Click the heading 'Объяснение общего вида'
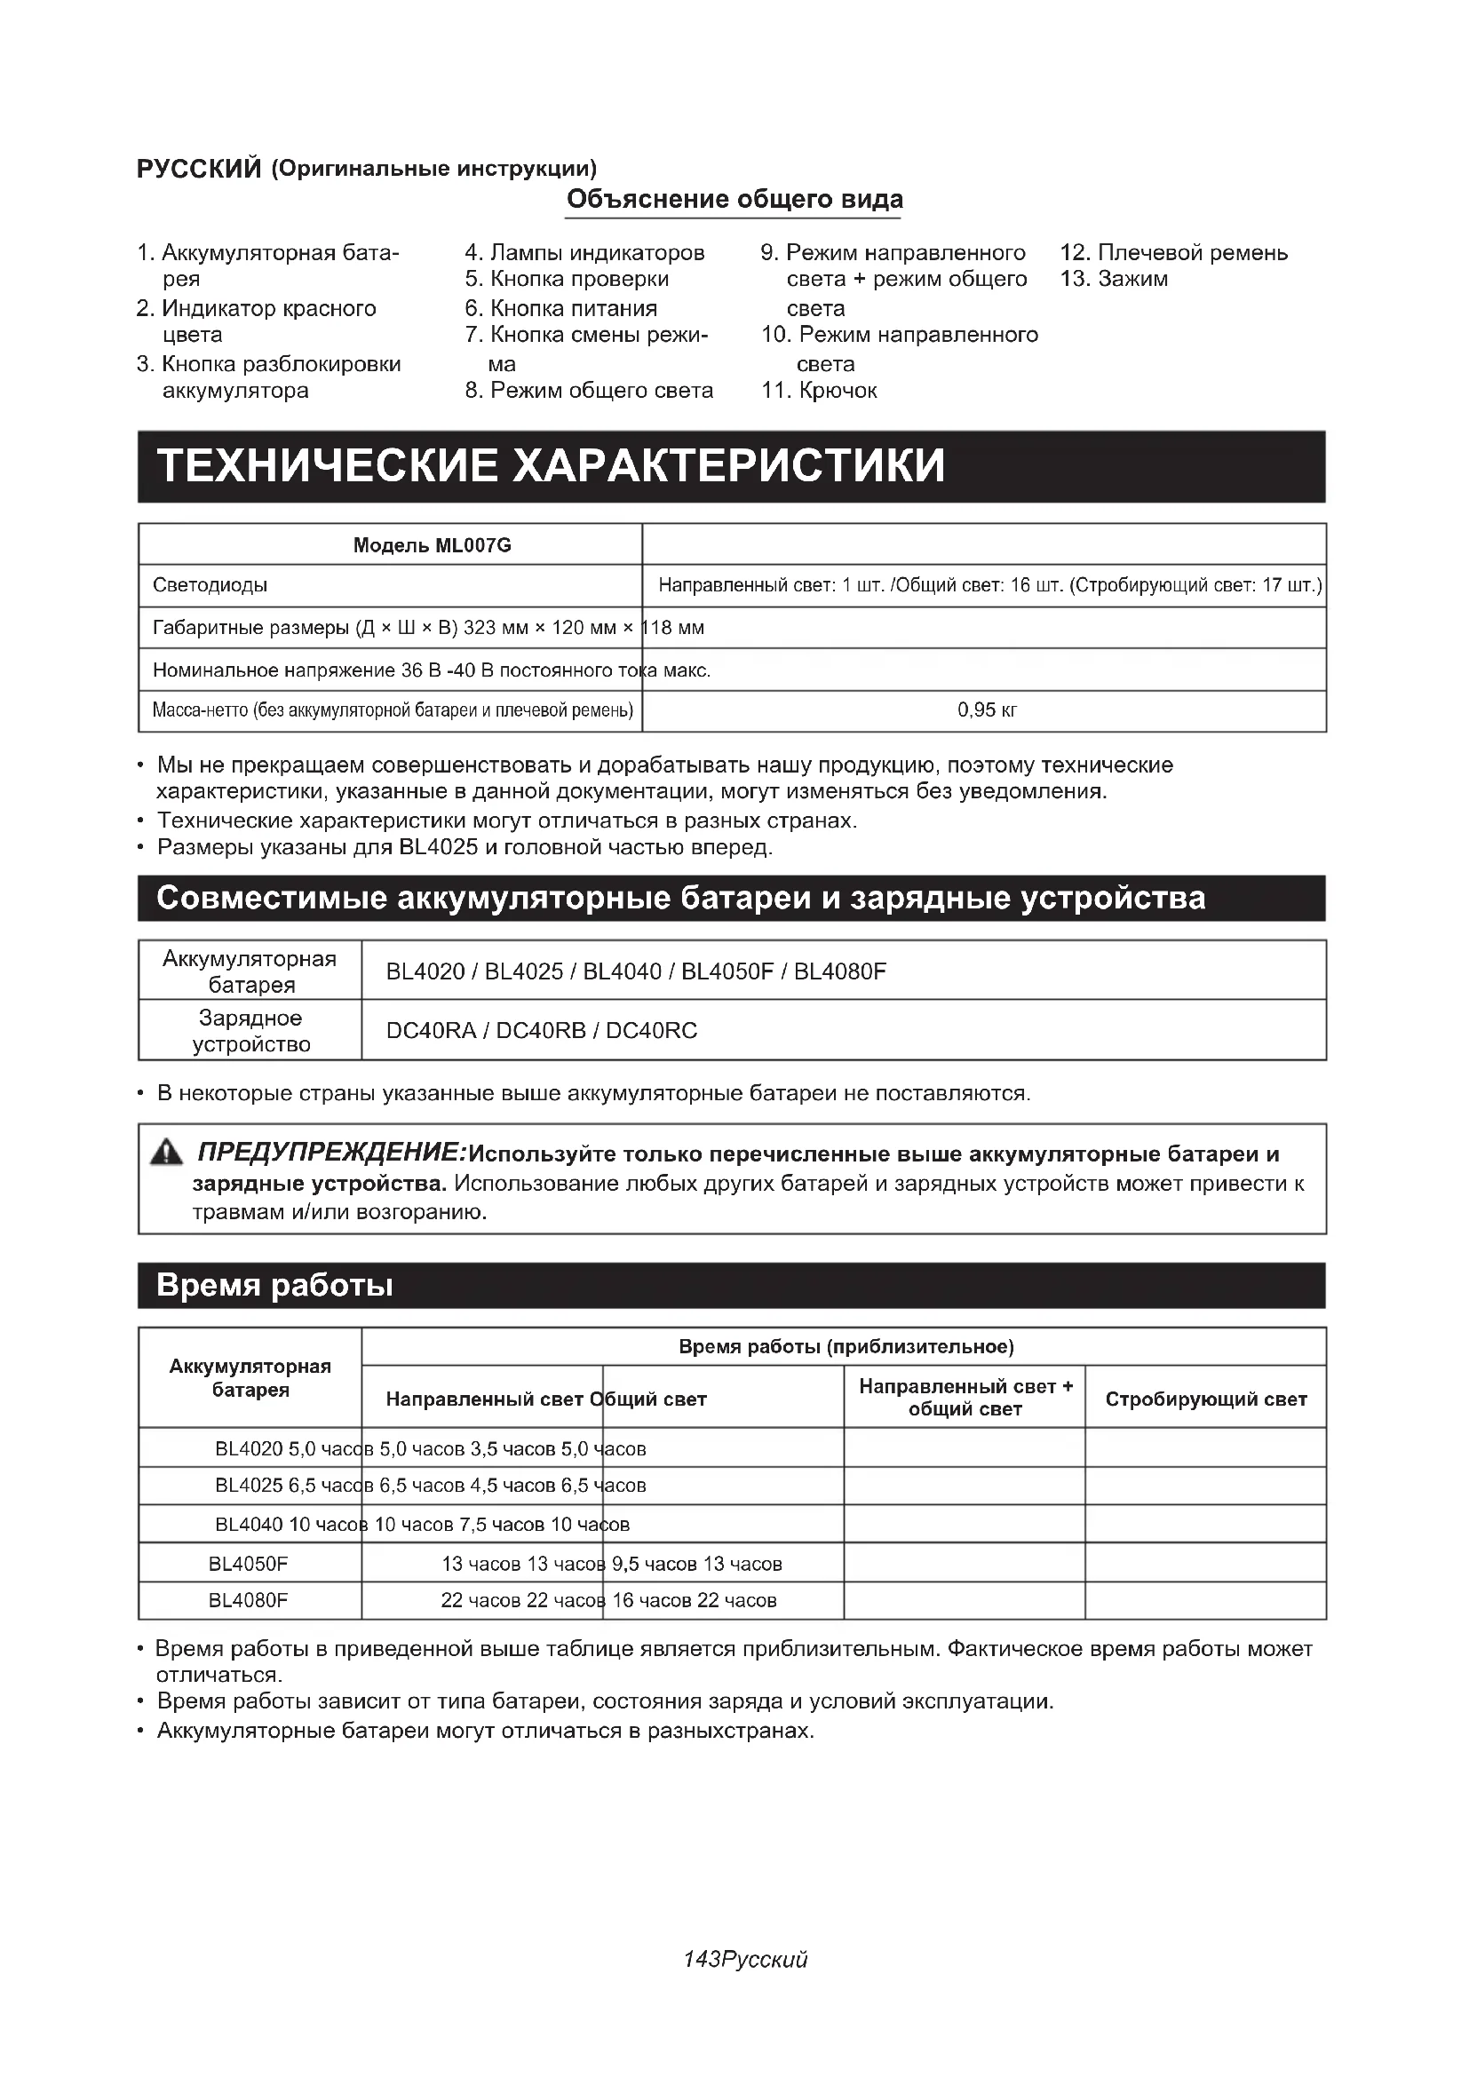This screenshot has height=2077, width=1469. (734, 199)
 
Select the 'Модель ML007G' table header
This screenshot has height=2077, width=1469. (432, 544)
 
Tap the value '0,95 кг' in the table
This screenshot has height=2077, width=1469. (987, 710)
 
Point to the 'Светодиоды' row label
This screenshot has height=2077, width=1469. (210, 585)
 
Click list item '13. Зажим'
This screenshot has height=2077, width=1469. (1114, 279)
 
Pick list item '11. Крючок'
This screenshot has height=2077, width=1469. (820, 391)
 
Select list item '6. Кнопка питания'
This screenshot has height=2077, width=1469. (560, 308)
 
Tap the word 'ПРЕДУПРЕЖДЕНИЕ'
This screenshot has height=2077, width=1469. (330, 1153)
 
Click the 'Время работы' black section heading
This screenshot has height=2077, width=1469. (275, 1286)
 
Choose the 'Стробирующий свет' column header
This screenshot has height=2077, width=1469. (1206, 1399)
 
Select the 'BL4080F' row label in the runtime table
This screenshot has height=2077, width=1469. (248, 1600)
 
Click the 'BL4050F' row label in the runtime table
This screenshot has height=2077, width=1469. (248, 1564)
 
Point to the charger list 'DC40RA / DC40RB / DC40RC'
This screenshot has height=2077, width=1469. (542, 1030)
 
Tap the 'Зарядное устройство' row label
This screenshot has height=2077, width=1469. (250, 1030)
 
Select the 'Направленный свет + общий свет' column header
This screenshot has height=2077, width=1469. (965, 1398)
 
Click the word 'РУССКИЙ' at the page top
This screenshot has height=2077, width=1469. (199, 170)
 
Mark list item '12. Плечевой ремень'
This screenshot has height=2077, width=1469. (1173, 252)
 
